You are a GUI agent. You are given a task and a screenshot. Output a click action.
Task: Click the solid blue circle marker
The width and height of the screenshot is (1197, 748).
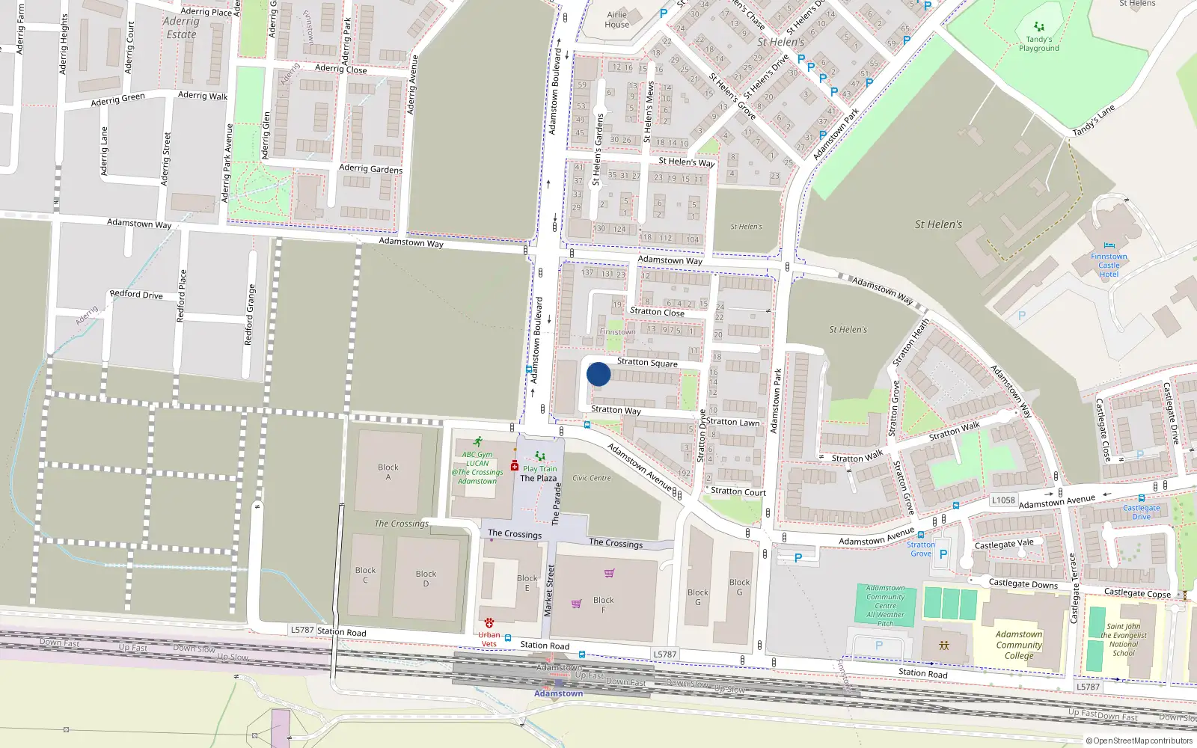pyautogui.click(x=598, y=374)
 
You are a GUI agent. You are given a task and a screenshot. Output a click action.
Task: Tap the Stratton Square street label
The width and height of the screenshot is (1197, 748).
pyautogui.click(x=647, y=363)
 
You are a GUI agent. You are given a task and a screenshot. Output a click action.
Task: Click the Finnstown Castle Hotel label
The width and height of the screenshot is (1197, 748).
pyautogui.click(x=1109, y=266)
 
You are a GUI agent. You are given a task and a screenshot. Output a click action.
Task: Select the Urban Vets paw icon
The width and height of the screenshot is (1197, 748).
pyautogui.click(x=489, y=622)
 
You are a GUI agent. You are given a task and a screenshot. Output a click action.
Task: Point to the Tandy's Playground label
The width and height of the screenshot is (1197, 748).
pyautogui.click(x=1038, y=44)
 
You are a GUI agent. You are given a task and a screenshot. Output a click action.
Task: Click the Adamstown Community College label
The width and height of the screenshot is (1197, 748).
pyautogui.click(x=1019, y=645)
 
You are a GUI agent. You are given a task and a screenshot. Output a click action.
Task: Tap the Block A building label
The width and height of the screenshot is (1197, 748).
pyautogui.click(x=388, y=472)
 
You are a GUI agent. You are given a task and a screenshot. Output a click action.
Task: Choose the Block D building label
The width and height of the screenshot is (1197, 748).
pyautogui.click(x=426, y=578)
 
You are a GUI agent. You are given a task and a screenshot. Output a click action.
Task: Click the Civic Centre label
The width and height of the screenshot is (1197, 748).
pyautogui.click(x=592, y=478)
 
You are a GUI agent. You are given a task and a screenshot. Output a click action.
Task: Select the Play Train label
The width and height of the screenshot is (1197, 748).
pyautogui.click(x=539, y=469)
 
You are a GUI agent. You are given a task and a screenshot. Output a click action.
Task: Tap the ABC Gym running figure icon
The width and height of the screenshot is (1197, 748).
pyautogui.click(x=477, y=442)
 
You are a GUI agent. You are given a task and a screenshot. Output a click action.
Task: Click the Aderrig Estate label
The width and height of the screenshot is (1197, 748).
pyautogui.click(x=181, y=28)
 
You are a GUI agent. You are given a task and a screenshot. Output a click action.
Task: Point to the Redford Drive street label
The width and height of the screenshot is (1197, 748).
pyautogui.click(x=136, y=295)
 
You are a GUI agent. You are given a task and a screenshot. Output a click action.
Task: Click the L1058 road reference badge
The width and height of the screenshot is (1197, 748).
pyautogui.click(x=1003, y=500)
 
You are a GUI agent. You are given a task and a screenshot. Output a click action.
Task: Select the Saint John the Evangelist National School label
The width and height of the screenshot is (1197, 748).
pyautogui.click(x=1124, y=640)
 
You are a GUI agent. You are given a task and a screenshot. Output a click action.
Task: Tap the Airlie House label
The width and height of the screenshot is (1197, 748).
pyautogui.click(x=617, y=19)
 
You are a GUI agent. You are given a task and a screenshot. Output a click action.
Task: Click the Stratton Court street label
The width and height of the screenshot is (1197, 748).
pyautogui.click(x=738, y=492)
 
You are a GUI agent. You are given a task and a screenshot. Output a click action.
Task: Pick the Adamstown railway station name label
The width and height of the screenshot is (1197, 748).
pyautogui.click(x=558, y=693)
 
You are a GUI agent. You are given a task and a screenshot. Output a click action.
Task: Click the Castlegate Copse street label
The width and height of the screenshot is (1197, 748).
pyautogui.click(x=1137, y=593)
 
